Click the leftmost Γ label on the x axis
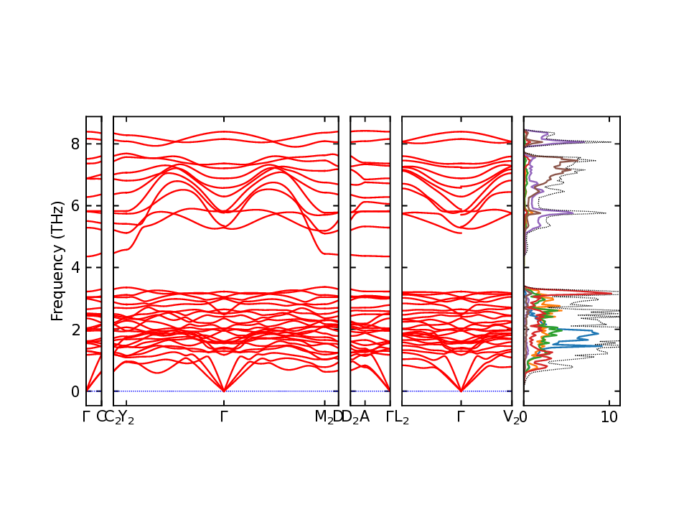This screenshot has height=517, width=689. (86, 416)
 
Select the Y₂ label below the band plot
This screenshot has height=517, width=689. (126, 417)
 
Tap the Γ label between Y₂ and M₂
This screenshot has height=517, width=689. (224, 416)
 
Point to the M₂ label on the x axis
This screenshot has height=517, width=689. (324, 417)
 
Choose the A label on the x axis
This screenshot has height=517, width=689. (365, 416)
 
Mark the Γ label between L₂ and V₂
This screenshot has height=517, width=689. (461, 416)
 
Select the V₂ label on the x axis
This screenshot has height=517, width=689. (511, 417)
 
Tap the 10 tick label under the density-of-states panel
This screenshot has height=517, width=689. (610, 416)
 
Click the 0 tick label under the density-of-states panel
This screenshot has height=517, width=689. (524, 416)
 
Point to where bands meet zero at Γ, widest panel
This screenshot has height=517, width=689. (224, 391)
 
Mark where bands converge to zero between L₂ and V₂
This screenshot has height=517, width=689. (461, 391)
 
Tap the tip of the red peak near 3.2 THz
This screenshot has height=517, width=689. (612, 293)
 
